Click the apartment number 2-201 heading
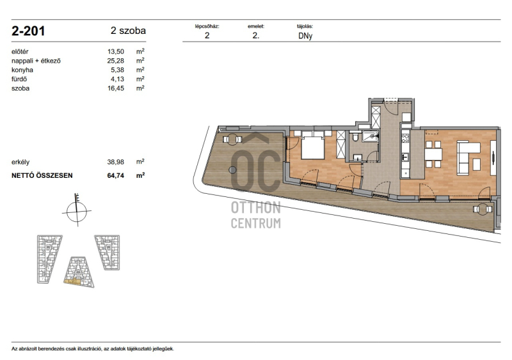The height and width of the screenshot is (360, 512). click(28, 31)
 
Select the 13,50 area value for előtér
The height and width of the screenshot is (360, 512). click(116, 52)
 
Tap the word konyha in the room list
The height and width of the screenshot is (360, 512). click(22, 70)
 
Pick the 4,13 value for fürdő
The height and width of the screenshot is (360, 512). click(118, 79)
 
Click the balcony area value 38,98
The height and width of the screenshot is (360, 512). click(116, 162)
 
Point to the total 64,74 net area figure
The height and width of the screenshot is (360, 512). click(116, 176)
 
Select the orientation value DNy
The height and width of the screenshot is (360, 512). click(305, 36)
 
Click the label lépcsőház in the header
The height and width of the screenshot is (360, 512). click(207, 26)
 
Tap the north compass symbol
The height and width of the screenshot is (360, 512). click(77, 210)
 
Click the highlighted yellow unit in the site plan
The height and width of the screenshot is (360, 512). click(72, 281)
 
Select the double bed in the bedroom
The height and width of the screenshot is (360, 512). click(312, 146)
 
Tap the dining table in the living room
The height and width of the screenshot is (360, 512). click(433, 154)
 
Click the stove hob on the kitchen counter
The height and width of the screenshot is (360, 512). click(405, 137)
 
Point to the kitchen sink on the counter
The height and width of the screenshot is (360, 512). click(405, 157)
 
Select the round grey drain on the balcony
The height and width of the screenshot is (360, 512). click(232, 169)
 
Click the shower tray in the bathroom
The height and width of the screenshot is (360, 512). click(371, 136)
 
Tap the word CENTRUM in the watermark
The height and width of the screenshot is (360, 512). click(255, 224)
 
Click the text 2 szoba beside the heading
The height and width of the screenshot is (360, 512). click(128, 31)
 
